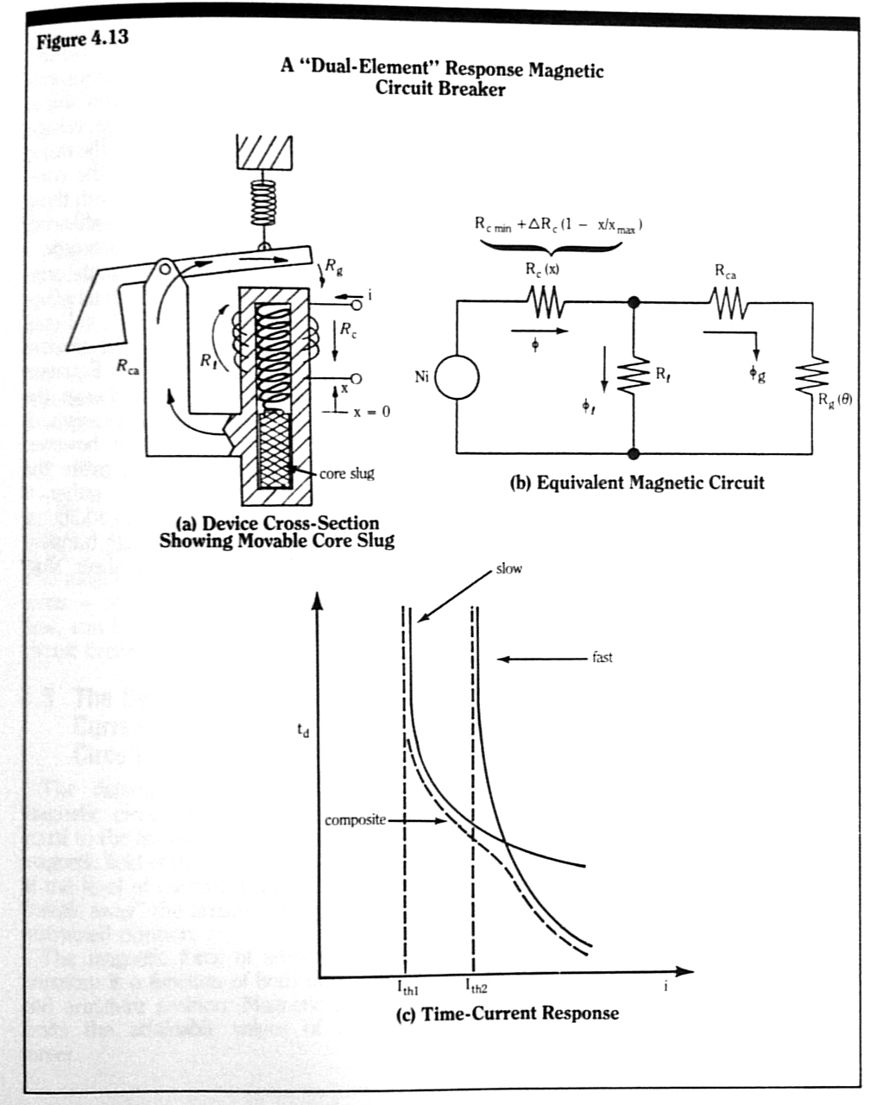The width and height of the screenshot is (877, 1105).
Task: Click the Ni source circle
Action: click(457, 377)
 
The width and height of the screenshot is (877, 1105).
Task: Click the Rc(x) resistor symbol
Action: click(545, 302)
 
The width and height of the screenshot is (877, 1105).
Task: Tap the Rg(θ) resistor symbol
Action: click(811, 377)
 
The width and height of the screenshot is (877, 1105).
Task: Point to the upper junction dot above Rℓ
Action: click(634, 302)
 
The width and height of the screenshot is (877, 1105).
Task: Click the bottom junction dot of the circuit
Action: click(634, 452)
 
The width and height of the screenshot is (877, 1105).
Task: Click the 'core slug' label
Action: click(347, 473)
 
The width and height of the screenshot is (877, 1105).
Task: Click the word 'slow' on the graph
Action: click(508, 569)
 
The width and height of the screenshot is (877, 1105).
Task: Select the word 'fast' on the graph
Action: click(603, 657)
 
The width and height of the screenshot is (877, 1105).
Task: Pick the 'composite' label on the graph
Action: click(355, 819)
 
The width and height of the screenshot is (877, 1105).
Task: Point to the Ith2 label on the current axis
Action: click(476, 987)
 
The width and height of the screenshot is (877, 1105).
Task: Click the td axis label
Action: click(301, 731)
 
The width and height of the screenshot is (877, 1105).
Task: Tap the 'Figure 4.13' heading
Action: click(82, 39)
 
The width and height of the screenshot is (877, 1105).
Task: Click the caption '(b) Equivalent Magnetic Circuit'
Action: click(637, 482)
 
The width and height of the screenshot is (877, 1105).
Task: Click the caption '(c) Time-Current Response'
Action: click(507, 1013)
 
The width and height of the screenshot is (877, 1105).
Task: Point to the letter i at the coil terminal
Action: click(369, 296)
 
